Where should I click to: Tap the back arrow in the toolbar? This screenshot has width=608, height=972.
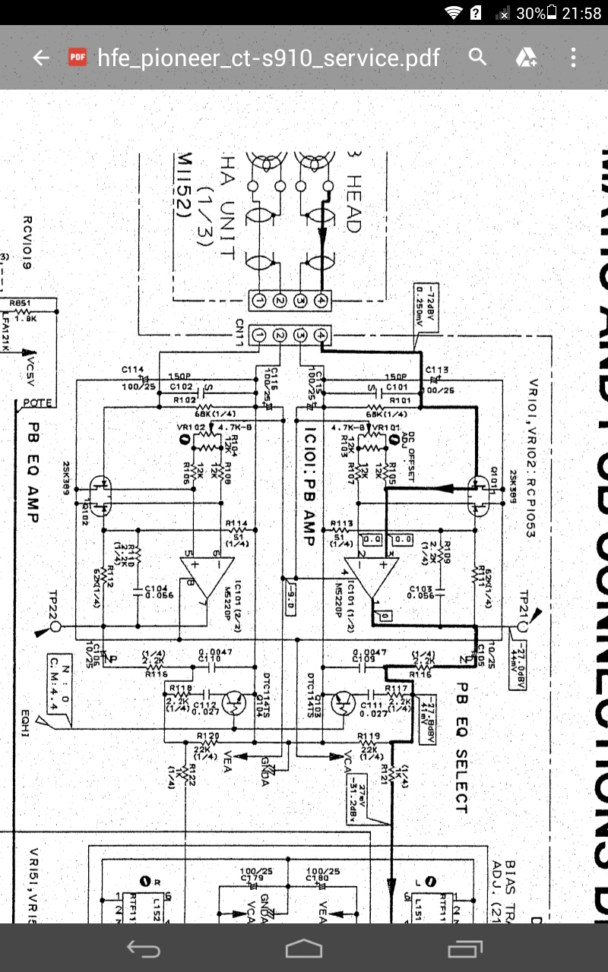point(40,58)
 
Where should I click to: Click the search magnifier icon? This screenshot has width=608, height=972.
point(477,57)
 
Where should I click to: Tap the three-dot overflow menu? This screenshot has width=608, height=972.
point(573,58)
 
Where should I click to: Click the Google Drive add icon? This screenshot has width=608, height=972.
point(527,58)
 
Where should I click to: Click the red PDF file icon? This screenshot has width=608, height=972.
point(77,58)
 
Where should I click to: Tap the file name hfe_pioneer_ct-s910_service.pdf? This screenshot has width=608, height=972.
point(268,58)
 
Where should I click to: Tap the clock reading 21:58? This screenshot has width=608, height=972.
point(582,14)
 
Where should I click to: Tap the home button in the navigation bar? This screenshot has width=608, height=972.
point(304,948)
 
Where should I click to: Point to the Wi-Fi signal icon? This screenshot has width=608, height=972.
point(454,14)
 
